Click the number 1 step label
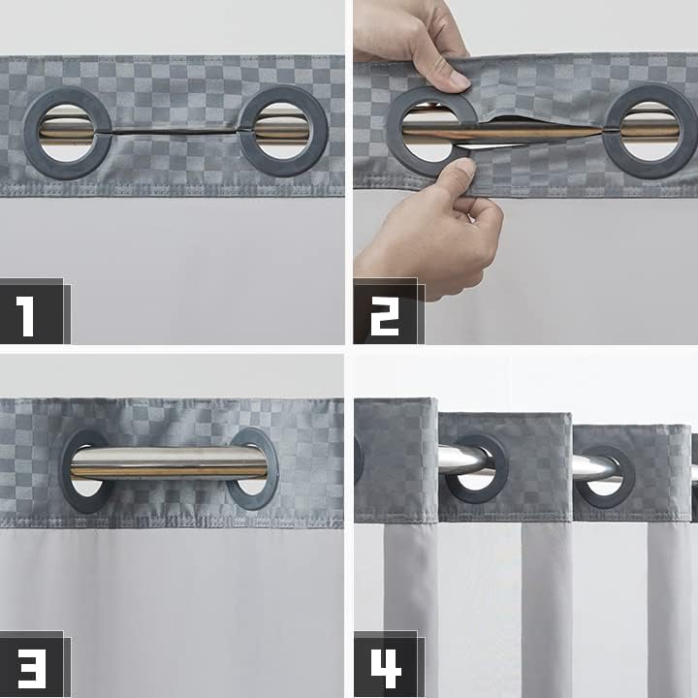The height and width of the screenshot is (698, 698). coord(28,313)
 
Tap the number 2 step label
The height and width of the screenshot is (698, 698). coord(384,313)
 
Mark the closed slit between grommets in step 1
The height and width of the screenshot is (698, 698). coord(174,131)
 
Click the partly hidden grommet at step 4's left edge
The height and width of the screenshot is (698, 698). coord(359,460)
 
